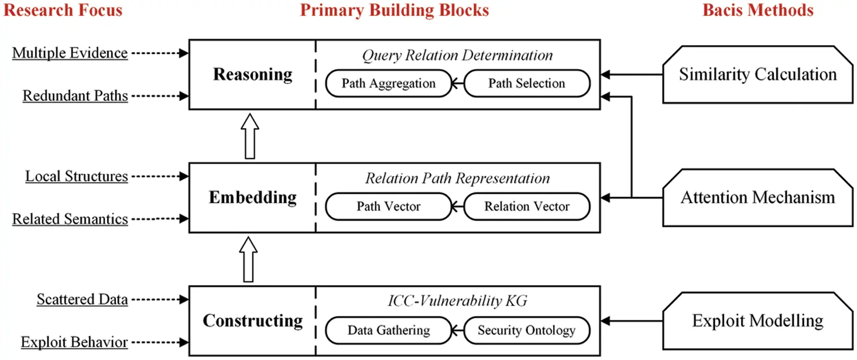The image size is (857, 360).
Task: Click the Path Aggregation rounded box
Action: coord(389,83)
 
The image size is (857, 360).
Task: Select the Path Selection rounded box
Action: coord(526,83)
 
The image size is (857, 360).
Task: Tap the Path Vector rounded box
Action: coord(389,206)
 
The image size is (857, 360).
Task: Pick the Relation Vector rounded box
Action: coord(526,206)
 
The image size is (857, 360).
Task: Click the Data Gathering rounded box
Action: coord(389,330)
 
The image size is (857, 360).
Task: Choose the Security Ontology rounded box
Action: coord(526,330)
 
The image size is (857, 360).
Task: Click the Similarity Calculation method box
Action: coord(757,74)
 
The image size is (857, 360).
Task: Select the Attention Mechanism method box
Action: coord(757,198)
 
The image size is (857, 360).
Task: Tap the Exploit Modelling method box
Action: coord(757,321)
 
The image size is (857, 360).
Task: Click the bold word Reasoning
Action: coord(253,74)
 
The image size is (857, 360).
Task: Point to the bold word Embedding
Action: coord(253,198)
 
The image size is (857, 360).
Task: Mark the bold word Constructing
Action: coord(253,321)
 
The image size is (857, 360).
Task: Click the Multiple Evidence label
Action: coord(70,53)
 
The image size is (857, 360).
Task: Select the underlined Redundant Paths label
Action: coord(75,95)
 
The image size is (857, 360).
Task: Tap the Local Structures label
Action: coord(77,176)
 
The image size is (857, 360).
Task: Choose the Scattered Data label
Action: coord(82,299)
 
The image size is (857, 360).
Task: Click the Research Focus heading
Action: coord(63,10)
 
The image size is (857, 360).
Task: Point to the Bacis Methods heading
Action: coord(758,10)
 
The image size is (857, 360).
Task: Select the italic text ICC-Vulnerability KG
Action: coord(457,302)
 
